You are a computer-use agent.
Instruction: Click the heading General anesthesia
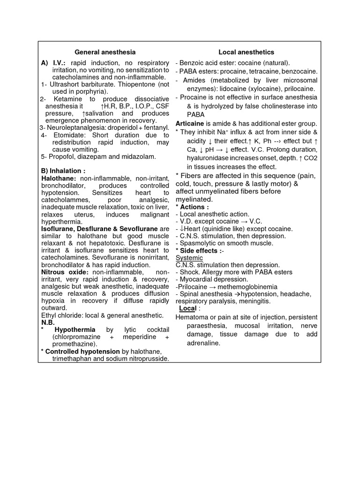(105, 52)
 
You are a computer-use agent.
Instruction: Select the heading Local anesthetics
(246, 52)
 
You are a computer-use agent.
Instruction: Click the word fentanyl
(153, 127)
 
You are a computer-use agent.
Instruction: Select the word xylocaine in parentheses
(264, 88)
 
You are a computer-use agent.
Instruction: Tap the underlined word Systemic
(189, 258)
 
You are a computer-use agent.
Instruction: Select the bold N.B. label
(48, 322)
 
